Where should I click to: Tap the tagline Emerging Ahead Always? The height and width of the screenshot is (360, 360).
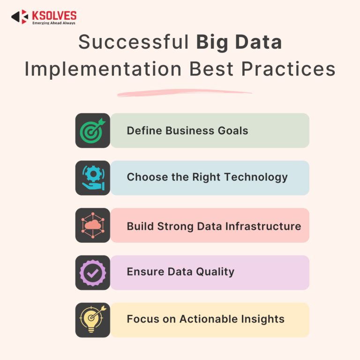(x=53, y=22)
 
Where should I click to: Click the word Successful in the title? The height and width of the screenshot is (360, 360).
(x=134, y=43)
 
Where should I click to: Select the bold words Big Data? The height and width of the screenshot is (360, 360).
(x=239, y=43)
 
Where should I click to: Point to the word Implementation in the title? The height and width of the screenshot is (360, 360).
(x=103, y=69)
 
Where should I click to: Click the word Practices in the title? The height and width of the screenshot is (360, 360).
(x=289, y=69)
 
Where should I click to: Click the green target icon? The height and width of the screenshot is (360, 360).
(x=93, y=131)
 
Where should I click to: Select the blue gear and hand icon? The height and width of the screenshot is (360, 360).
(x=93, y=178)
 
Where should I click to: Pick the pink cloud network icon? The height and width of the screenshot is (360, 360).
(x=93, y=225)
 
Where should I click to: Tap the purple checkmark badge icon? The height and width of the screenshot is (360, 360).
(x=93, y=273)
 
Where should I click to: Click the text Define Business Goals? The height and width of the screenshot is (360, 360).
(x=187, y=131)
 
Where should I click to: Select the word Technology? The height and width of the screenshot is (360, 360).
(x=261, y=177)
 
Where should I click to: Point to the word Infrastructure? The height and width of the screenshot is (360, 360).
(x=262, y=226)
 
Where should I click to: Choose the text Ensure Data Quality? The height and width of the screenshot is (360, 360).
(x=180, y=272)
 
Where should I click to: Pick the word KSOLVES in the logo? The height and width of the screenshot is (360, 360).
(x=54, y=15)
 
